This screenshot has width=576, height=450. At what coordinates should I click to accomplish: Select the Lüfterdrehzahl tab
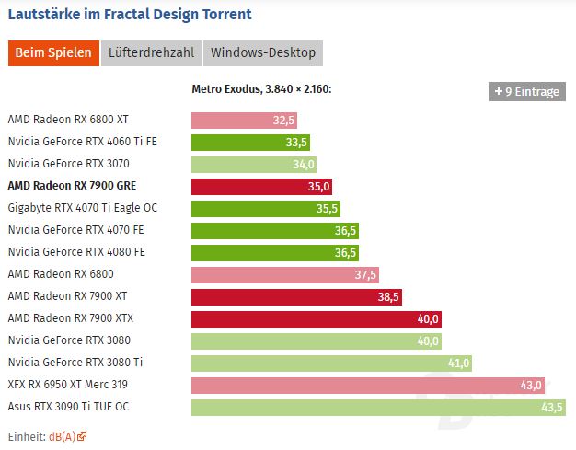coord(151,52)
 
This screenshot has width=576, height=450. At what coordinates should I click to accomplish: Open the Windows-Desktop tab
coord(263,52)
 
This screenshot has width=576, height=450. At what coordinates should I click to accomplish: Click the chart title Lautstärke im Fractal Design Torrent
coord(129,15)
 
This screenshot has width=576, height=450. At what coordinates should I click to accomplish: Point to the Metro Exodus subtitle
coord(261,89)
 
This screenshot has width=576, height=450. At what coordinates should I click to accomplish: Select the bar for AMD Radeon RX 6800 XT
coord(244,120)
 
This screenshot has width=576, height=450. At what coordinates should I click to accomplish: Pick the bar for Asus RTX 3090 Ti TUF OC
coord(378,407)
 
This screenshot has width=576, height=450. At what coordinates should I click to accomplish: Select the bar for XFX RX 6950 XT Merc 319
coord(368,385)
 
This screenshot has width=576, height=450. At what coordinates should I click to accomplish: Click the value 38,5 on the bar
coord(388,296)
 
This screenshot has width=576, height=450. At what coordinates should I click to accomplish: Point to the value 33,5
coord(296,142)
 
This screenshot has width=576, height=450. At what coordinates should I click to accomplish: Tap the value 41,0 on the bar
coord(458,363)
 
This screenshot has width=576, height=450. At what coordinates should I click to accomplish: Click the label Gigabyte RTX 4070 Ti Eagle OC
coord(82,208)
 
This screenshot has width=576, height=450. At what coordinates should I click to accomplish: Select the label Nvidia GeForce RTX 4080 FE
coord(76,252)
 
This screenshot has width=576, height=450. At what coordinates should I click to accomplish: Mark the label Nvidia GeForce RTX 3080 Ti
coord(75,363)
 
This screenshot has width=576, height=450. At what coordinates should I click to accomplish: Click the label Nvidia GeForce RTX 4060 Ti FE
coord(83,142)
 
